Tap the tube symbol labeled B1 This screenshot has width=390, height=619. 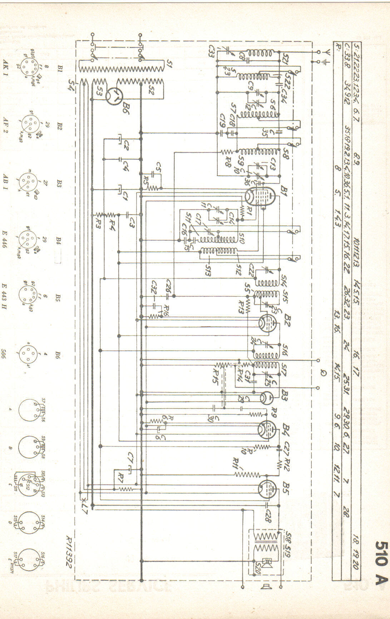260,195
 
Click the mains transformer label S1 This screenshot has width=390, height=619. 169,65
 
